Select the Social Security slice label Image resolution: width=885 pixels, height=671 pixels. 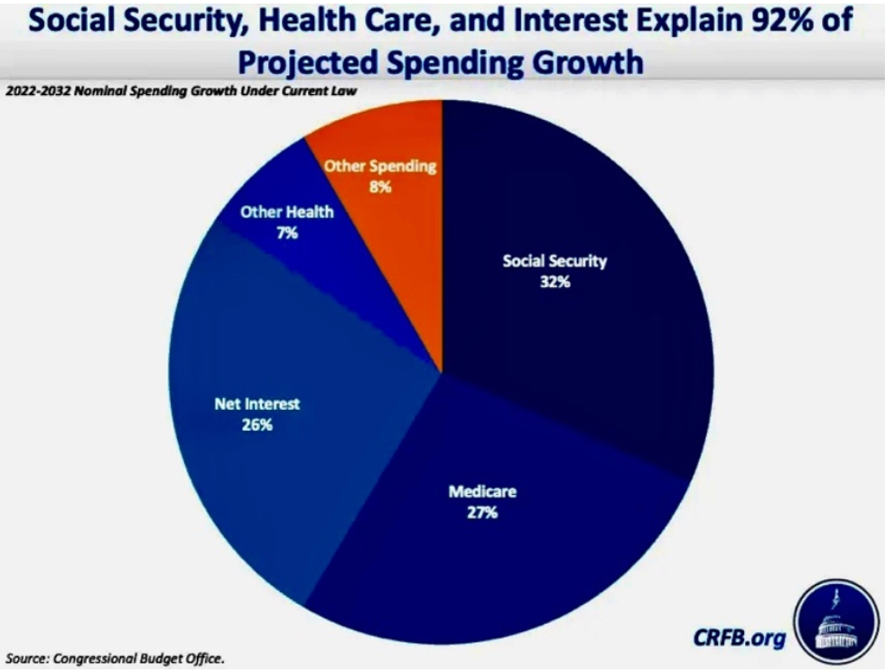click(x=554, y=262)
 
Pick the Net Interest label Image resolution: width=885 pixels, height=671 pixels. click(x=257, y=404)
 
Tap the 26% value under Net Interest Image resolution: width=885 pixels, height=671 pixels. click(x=257, y=424)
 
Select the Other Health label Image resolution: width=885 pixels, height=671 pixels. click(x=287, y=212)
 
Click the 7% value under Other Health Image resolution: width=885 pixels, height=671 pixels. click(x=288, y=232)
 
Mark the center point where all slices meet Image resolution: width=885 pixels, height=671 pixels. click(x=442, y=371)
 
